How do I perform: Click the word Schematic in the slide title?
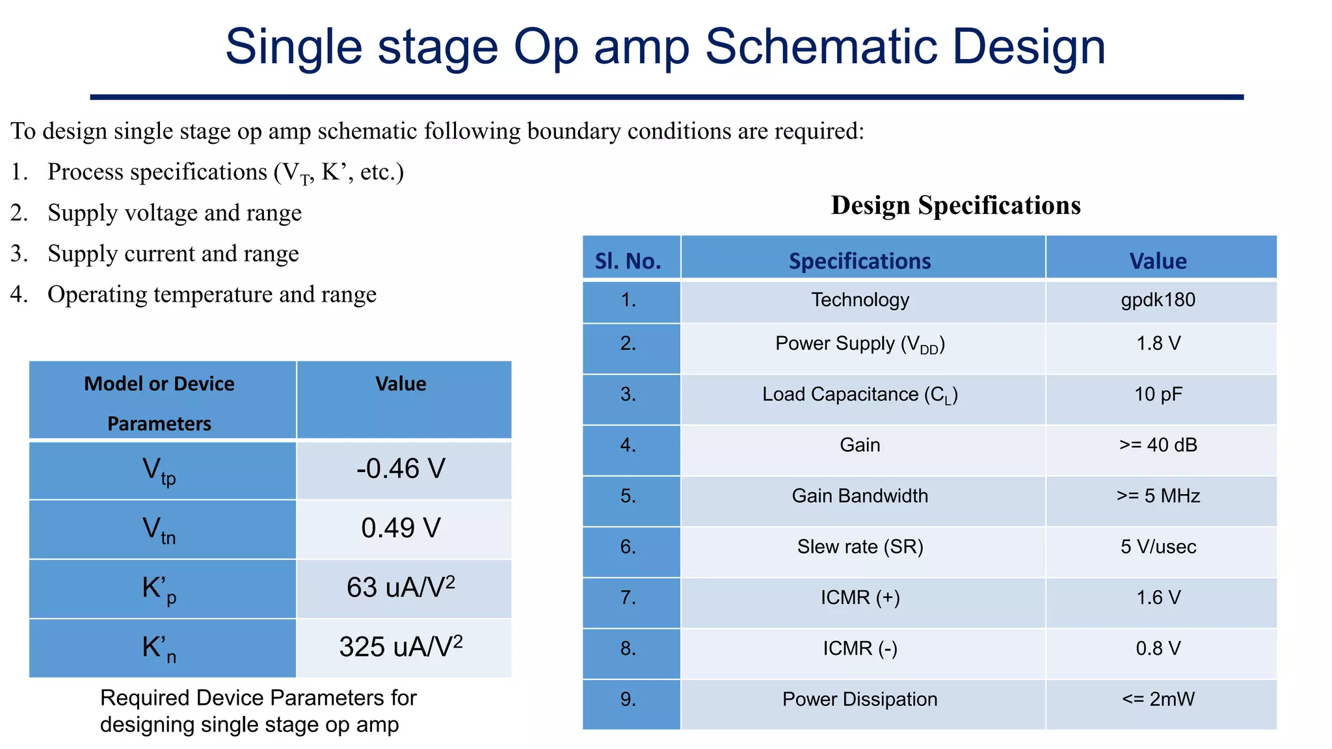(821, 47)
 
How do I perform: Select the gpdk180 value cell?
(1158, 300)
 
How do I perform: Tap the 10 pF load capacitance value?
(1158, 395)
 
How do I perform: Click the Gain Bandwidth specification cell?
(859, 496)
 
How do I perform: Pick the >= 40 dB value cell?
(1158, 445)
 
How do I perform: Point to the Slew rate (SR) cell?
(859, 547)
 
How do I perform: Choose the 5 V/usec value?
(1158, 547)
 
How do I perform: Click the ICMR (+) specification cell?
(859, 598)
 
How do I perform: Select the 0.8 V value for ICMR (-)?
(1158, 648)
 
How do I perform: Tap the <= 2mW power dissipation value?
(1158, 700)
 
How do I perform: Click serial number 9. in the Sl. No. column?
(628, 700)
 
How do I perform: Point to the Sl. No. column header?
(628, 261)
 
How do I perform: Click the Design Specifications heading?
(955, 205)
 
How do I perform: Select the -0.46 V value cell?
(401, 469)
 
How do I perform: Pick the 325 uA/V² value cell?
(401, 647)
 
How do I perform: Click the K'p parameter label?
(159, 589)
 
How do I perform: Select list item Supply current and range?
(173, 254)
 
